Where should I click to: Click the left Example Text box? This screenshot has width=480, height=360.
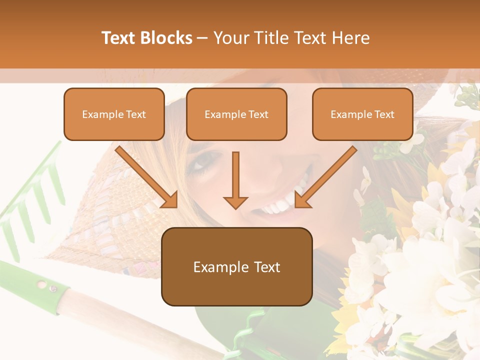click(114, 114)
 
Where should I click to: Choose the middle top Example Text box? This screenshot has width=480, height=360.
click(236, 114)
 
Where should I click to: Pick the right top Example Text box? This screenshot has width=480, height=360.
click(362, 114)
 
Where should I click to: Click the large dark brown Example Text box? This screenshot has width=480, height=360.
click(236, 267)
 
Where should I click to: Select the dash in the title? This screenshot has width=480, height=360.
click(203, 38)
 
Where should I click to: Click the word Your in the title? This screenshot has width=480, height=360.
click(230, 38)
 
